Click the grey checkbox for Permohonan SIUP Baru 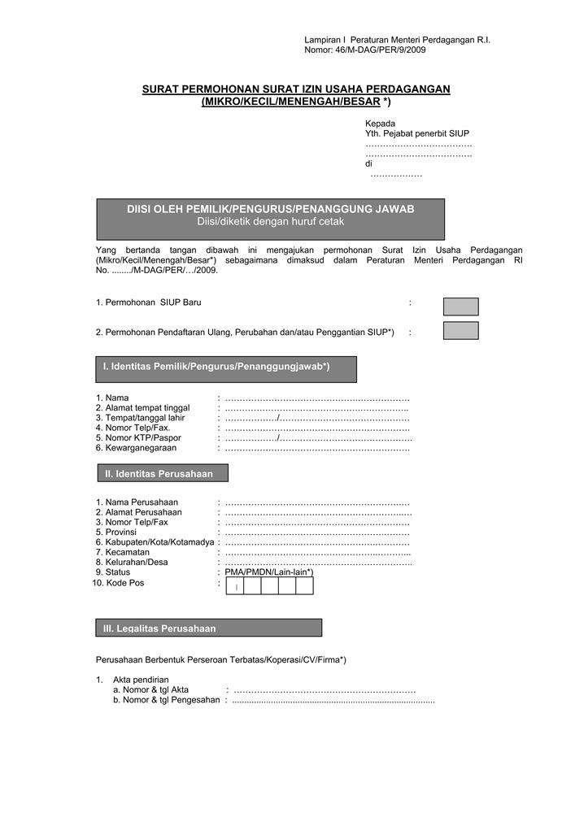[460, 307]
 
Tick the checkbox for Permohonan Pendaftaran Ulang [460, 331]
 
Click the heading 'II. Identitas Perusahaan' [159, 474]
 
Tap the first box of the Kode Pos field [234, 585]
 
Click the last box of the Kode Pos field [305, 585]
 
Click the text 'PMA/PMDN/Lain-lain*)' [269, 572]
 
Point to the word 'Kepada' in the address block [380, 124]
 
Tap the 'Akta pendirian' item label [141, 680]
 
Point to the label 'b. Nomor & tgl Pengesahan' [167, 700]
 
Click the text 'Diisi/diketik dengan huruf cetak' [271, 221]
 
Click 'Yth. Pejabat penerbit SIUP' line [417, 133]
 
